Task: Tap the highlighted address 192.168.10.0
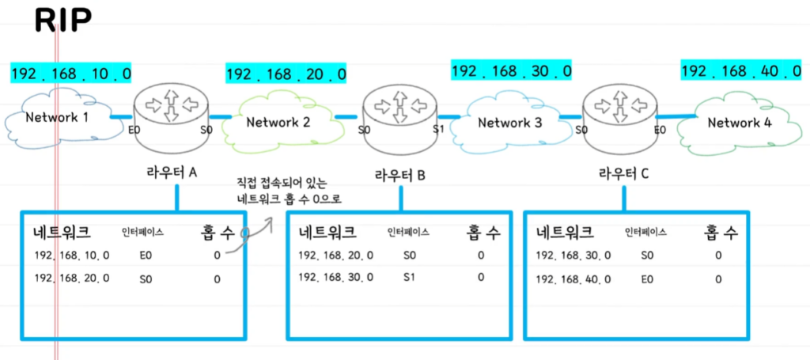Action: pos(71,74)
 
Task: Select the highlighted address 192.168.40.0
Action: pos(741,71)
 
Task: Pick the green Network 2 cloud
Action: pos(278,122)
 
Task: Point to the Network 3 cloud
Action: pos(509,123)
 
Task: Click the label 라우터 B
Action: pos(400,175)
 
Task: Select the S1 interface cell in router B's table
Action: pos(409,277)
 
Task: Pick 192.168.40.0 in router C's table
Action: pos(573,279)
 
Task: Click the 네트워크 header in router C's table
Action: pos(565,233)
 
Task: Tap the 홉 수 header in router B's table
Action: pos(482,233)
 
